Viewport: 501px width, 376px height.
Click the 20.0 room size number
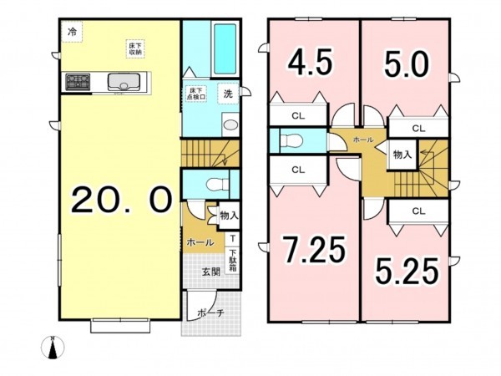pyautogui.click(x=122, y=200)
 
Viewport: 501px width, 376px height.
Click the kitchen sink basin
pyautogui.click(x=123, y=82)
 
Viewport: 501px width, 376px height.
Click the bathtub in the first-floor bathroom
pyautogui.click(x=225, y=49)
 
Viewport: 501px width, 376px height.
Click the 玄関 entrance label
pyautogui.click(x=211, y=272)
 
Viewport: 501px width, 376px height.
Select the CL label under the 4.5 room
pyautogui.click(x=297, y=115)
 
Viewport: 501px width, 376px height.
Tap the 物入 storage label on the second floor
pyautogui.click(x=402, y=154)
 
